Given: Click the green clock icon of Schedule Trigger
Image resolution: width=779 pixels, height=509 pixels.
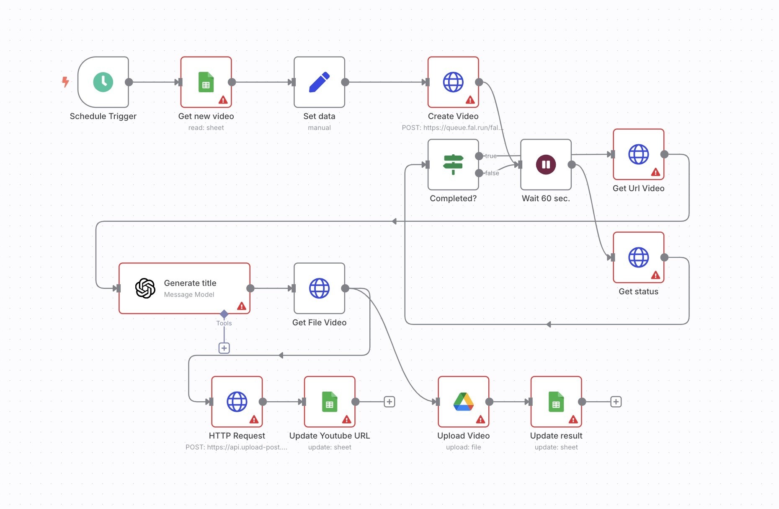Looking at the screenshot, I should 103,82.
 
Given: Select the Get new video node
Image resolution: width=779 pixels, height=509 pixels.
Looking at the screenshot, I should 206,82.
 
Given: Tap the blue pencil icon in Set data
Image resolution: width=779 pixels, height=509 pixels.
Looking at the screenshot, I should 319,82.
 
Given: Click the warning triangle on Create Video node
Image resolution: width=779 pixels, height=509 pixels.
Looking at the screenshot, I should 470,100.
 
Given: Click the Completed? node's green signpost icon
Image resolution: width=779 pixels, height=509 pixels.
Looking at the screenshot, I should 453,164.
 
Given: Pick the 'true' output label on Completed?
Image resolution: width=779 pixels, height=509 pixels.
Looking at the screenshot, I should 490,156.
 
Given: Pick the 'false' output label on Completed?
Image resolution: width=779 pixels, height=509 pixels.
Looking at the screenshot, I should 492,173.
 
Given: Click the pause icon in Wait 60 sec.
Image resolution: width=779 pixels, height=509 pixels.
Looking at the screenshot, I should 546,164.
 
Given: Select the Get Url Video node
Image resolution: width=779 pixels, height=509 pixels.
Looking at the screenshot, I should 638,154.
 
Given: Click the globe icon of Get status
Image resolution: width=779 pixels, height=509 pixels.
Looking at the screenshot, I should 638,257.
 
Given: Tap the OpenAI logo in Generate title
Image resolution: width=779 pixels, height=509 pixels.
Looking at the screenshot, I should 145,288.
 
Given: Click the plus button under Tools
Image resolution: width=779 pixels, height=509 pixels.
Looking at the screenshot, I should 224,348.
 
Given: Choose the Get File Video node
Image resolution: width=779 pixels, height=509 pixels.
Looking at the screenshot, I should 319,288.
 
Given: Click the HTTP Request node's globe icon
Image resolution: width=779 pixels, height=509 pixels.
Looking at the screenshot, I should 237,402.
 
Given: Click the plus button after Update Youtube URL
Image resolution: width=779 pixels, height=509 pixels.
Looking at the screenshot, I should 389,402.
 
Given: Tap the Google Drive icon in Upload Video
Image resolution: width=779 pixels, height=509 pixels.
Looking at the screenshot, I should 463,402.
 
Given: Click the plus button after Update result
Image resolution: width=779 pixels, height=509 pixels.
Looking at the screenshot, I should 616,402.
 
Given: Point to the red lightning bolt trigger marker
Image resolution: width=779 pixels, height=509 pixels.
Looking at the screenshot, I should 65,81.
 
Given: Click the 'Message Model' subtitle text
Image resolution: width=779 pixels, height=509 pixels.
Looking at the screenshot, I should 189,295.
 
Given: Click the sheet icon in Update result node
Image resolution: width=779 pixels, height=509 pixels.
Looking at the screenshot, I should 556,402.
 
